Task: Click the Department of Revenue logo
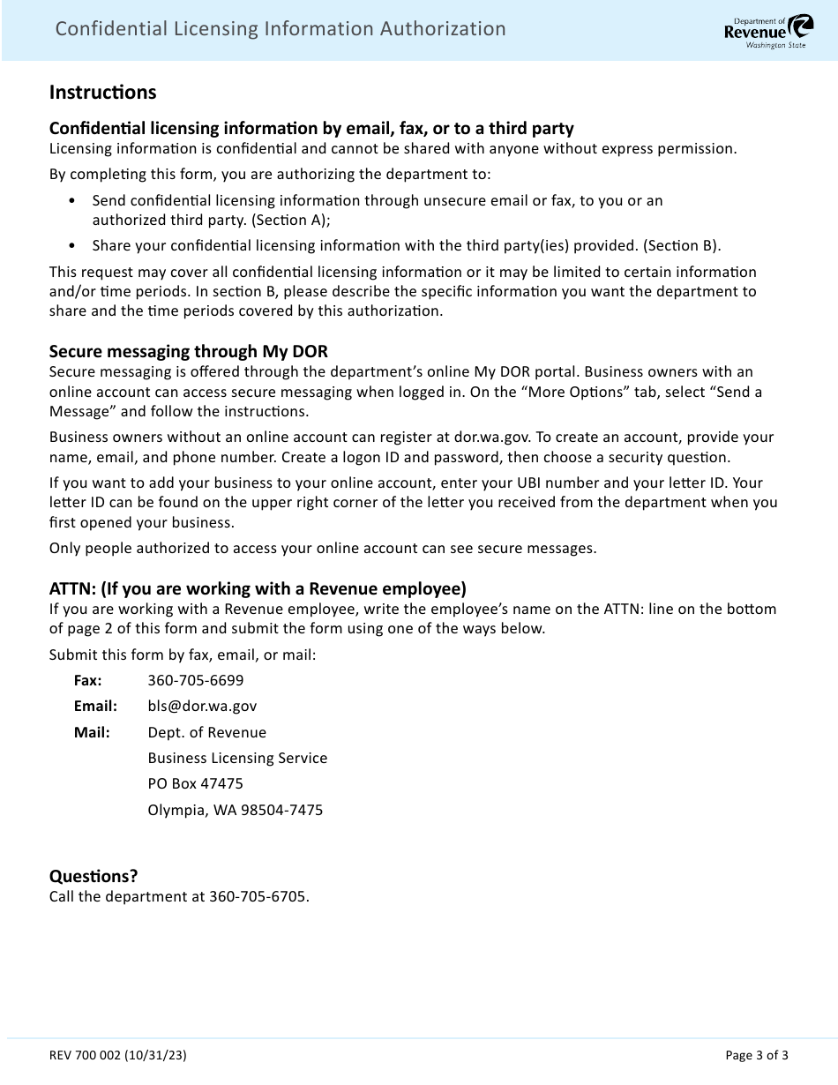[756, 31]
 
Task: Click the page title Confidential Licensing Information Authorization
[281, 29]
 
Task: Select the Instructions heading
[102, 93]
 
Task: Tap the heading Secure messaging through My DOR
[189, 351]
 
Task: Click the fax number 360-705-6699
[196, 680]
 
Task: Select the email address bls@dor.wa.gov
[202, 706]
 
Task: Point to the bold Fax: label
[87, 680]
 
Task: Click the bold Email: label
[95, 706]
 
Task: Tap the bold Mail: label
[92, 732]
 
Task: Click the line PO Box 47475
[195, 783]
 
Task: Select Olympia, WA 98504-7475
[235, 810]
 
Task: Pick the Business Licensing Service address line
[237, 758]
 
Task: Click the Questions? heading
[94, 876]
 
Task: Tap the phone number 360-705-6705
[258, 897]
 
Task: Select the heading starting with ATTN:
[258, 588]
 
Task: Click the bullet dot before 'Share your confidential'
[71, 246]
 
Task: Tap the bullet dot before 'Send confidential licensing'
[71, 201]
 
